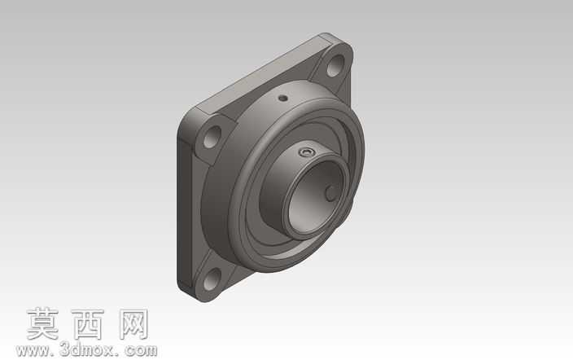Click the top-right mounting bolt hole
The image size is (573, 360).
click(335, 66)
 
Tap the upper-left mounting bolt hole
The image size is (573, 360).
click(212, 137)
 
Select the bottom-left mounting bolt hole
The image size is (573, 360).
click(212, 279)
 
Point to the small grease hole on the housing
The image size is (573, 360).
click(282, 98)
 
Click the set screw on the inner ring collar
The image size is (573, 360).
click(306, 152)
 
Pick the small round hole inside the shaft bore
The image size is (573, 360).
click(332, 193)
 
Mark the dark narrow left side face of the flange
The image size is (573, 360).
click(185, 213)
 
